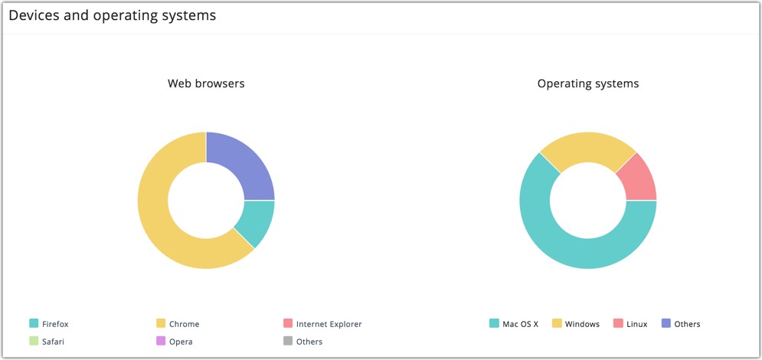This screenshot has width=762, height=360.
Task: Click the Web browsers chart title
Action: tap(206, 83)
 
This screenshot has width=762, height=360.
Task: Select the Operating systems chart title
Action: tap(587, 83)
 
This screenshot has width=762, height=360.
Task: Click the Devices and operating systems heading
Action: tap(112, 15)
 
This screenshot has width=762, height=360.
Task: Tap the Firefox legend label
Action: tap(55, 324)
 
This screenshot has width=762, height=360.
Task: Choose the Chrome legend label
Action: tap(184, 324)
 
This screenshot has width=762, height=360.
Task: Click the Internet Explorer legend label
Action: tap(329, 324)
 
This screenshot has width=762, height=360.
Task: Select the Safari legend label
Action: tap(53, 342)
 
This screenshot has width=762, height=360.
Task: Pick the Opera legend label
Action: tap(181, 342)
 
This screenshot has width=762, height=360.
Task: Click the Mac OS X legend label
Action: tap(520, 324)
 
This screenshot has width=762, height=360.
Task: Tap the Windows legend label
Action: tap(582, 324)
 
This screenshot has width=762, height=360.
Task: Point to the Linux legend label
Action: tap(636, 324)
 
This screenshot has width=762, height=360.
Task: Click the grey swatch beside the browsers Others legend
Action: tap(288, 342)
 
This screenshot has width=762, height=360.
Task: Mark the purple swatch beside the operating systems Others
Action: tap(666, 324)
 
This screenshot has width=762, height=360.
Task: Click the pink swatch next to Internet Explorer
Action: tap(288, 324)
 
